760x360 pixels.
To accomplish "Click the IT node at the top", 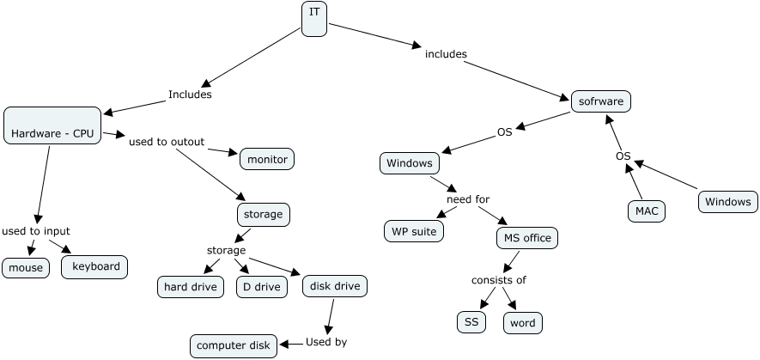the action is pyautogui.click(x=314, y=19).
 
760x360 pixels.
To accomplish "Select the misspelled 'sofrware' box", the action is pyautogui.click(x=601, y=101).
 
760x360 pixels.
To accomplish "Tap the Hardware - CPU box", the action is pyautogui.click(x=52, y=125).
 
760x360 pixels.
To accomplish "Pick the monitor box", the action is pyautogui.click(x=267, y=159).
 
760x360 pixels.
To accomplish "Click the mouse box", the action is pyautogui.click(x=26, y=268).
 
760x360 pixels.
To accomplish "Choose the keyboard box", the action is pyautogui.click(x=94, y=267).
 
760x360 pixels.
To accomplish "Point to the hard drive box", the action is pyautogui.click(x=191, y=287).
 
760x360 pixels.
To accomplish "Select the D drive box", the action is pyautogui.click(x=262, y=287).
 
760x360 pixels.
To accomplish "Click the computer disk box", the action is pyautogui.click(x=234, y=346).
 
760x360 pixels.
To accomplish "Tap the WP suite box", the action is pyautogui.click(x=414, y=231).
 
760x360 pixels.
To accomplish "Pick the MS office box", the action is pyautogui.click(x=527, y=238).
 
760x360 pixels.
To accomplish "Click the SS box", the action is pyautogui.click(x=471, y=322).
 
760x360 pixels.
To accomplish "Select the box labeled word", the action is pyautogui.click(x=523, y=323).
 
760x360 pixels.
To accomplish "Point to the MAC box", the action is pyautogui.click(x=647, y=211).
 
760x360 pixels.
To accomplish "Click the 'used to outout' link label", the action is pyautogui.click(x=167, y=142).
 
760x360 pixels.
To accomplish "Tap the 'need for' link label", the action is pyautogui.click(x=468, y=199).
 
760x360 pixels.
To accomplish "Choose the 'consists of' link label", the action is pyautogui.click(x=499, y=280).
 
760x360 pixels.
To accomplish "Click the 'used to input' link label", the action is pyautogui.click(x=36, y=231).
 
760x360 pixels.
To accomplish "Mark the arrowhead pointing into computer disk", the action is pyautogui.click(x=284, y=344).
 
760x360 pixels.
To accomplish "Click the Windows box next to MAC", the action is pyautogui.click(x=728, y=202).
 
